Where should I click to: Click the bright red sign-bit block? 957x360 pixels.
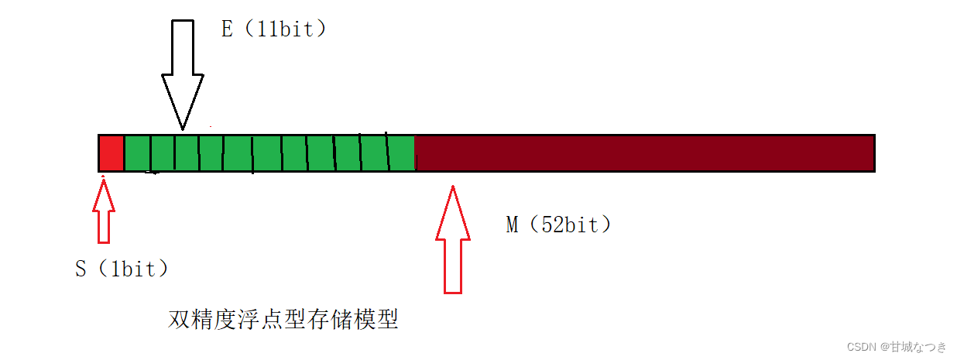coord(111,153)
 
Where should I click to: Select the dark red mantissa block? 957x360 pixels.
coord(644,153)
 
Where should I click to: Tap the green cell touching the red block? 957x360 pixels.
coord(137,153)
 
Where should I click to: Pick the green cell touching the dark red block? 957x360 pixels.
coord(401,153)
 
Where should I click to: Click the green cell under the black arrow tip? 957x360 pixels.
coord(186,153)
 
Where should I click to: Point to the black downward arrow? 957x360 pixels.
coord(183,74)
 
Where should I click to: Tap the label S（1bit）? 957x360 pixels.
coord(122,269)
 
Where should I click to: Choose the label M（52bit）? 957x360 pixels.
coord(559,225)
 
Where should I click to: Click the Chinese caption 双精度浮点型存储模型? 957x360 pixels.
coord(283,319)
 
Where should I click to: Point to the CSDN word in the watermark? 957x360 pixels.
coord(860,346)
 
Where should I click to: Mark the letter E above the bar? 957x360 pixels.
coord(227,29)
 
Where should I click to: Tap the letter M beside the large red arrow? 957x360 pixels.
coord(512,225)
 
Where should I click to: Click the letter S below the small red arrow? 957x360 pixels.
coord(81,269)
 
